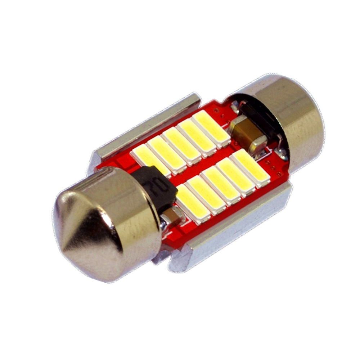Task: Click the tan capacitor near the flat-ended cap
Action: coord(245,135)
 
